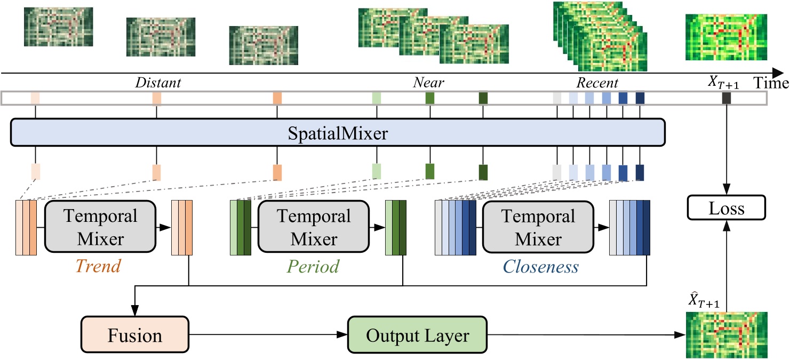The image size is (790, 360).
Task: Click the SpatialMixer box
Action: pos(337,132)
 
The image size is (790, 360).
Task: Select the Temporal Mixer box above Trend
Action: pos(100,227)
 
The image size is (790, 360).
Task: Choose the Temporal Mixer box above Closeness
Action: pos(537,227)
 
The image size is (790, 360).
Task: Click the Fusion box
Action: pos(134,335)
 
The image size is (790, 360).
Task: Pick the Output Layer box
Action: pos(417,335)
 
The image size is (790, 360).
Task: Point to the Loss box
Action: pos(726,208)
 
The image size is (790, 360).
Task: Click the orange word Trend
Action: pos(98,266)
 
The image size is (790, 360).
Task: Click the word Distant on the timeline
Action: pos(158,83)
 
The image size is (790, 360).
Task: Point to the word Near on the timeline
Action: pos(429,83)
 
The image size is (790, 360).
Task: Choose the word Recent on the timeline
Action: pos(597,83)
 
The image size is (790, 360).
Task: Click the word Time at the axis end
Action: pos(771,83)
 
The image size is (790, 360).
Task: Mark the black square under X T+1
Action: pos(726,98)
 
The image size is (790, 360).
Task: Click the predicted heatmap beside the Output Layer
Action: pos(726,334)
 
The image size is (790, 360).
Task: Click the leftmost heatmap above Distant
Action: pos(58,27)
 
